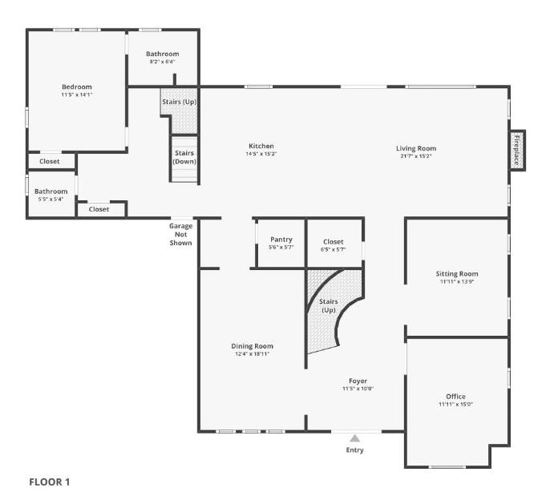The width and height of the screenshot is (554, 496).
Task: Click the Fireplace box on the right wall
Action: click(517, 150)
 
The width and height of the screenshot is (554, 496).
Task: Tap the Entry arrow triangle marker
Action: click(354, 438)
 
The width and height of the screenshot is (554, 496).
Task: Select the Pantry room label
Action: click(281, 240)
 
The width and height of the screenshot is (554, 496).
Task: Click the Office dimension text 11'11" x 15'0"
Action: click(455, 405)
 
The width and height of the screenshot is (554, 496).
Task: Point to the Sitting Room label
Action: click(457, 274)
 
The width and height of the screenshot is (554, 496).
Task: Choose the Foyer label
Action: click(358, 381)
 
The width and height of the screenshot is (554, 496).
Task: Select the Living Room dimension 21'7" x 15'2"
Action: click(415, 156)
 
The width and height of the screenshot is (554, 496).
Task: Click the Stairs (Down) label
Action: click(184, 157)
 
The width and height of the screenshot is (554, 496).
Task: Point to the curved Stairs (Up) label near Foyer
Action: click(329, 305)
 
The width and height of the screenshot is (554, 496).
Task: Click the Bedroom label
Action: click(77, 87)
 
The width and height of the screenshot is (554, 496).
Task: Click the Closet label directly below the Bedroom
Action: click(50, 161)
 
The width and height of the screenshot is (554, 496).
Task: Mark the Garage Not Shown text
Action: click(180, 234)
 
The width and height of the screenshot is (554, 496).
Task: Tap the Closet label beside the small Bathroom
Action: click(99, 209)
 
